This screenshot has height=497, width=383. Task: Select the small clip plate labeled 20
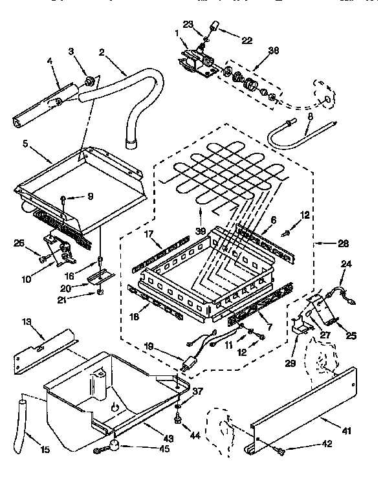(x=99, y=276)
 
